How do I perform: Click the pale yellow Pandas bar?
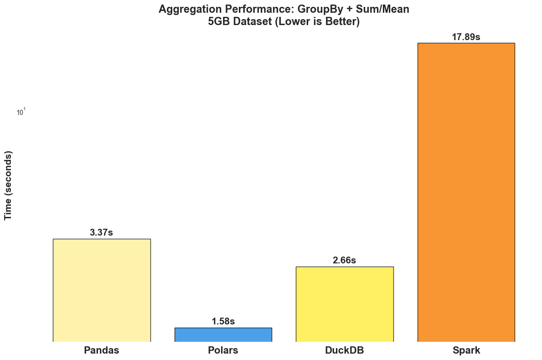tap(102, 290)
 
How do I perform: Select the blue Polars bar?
tap(223, 334)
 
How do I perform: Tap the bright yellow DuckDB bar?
tap(345, 303)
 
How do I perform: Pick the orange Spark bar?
tap(466, 192)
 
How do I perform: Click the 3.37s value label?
tap(101, 232)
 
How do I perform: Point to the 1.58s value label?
tap(223, 321)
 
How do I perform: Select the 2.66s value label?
tap(344, 260)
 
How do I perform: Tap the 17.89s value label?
tap(466, 37)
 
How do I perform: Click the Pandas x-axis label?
tap(102, 350)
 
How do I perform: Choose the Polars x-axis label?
tap(223, 350)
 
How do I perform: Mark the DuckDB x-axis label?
tap(345, 350)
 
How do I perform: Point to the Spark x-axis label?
tap(466, 350)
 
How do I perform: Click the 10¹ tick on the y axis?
tap(21, 112)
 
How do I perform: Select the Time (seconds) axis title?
tap(8, 185)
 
